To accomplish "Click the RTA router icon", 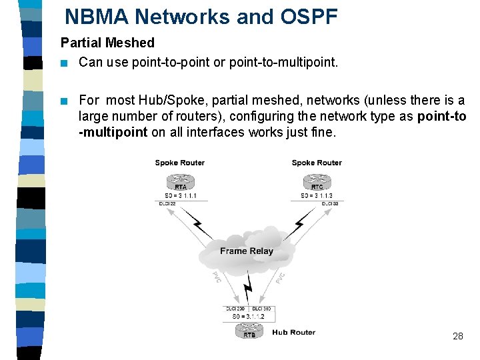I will [x=180, y=182].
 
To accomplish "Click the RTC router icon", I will [x=317, y=182].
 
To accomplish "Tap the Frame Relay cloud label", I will [x=247, y=251].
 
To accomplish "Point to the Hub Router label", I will [x=293, y=332].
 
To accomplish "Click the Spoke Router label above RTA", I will [x=180, y=163].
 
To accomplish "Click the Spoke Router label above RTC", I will [x=317, y=163].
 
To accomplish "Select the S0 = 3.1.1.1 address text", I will [x=180, y=196].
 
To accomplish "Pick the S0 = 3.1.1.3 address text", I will [x=317, y=196].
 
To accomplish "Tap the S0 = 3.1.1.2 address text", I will [x=248, y=317].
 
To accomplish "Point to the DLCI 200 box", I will [x=235, y=309].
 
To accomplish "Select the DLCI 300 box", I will [x=261, y=309].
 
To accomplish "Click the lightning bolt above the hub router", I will [x=248, y=291].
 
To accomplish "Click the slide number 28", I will [x=457, y=336].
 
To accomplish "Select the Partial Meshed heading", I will [x=107, y=43].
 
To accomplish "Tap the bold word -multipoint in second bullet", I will [x=113, y=132].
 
